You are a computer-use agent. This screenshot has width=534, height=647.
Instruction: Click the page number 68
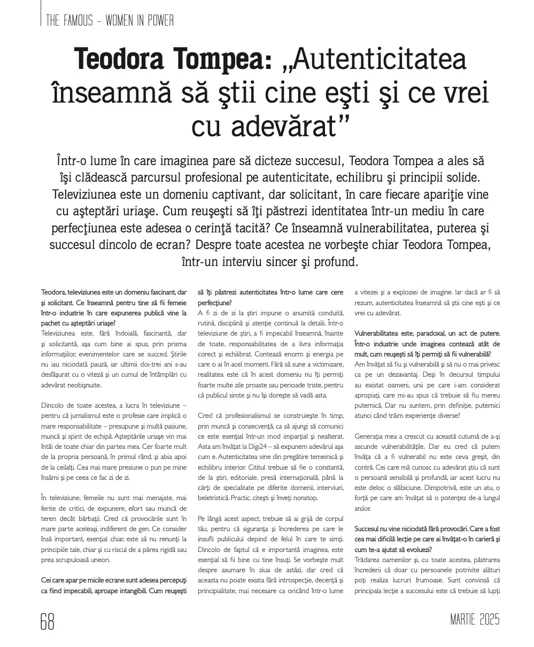coord(48,621)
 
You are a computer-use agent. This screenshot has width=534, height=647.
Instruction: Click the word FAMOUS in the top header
coord(80,21)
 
